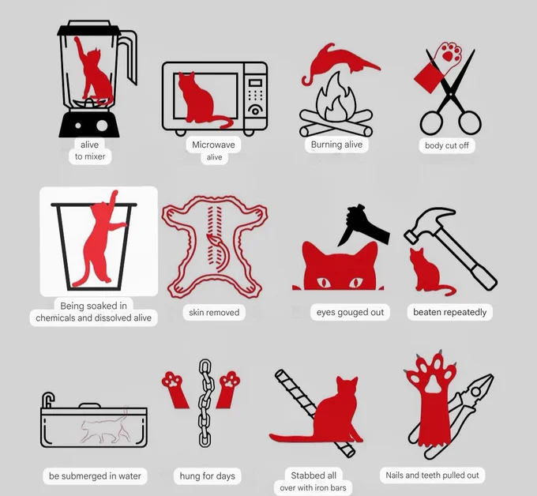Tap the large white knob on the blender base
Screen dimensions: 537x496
click(x=102, y=126)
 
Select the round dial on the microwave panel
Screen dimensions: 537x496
click(x=255, y=111)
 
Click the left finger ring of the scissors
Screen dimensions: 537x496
click(x=431, y=122)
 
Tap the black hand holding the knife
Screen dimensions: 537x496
click(x=366, y=224)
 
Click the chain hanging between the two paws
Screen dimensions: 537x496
click(x=205, y=403)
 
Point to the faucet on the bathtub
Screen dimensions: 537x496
click(x=48, y=400)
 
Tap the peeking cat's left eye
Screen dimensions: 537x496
click(x=323, y=283)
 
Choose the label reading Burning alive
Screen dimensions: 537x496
click(x=336, y=145)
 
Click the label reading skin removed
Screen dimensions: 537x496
click(x=214, y=313)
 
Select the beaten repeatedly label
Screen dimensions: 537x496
click(x=449, y=313)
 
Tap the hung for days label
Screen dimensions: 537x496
click(x=207, y=476)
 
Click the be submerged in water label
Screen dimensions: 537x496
click(x=95, y=476)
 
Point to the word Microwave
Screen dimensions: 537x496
click(x=213, y=145)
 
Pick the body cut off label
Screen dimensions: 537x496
click(x=447, y=145)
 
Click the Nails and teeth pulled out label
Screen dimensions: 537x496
click(x=432, y=475)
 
